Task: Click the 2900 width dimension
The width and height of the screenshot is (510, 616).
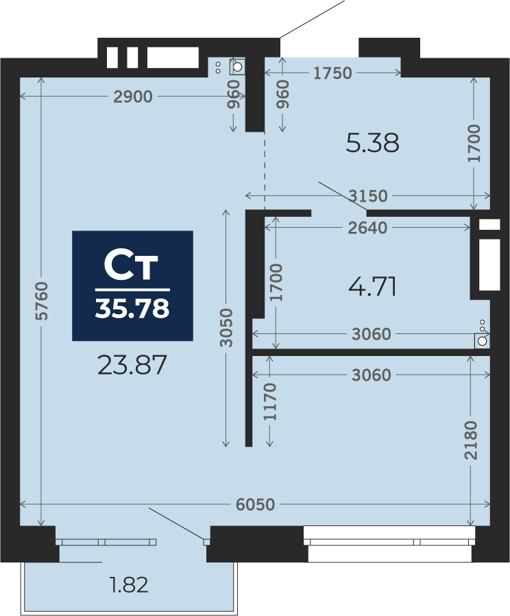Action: (x=133, y=97)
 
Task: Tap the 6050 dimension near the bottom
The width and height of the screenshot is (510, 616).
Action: (x=255, y=505)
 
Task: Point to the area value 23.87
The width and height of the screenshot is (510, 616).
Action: (x=132, y=365)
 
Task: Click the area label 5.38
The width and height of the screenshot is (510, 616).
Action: (x=372, y=143)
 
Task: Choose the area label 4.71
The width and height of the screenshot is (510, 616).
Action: (x=372, y=287)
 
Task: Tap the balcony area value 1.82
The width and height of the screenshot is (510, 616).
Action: (x=129, y=585)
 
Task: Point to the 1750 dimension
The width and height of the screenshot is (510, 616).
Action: (x=332, y=73)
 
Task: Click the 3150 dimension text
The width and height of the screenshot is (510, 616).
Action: (x=367, y=196)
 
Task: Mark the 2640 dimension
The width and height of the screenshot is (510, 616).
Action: (x=367, y=228)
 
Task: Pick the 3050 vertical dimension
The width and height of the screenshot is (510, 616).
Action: (x=227, y=328)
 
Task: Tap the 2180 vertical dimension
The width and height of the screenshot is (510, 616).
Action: (x=470, y=440)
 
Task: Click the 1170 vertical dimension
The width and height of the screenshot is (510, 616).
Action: (x=271, y=402)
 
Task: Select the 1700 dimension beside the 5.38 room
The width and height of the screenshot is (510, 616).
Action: (x=475, y=143)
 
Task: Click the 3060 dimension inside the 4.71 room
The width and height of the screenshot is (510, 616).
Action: (x=371, y=334)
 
